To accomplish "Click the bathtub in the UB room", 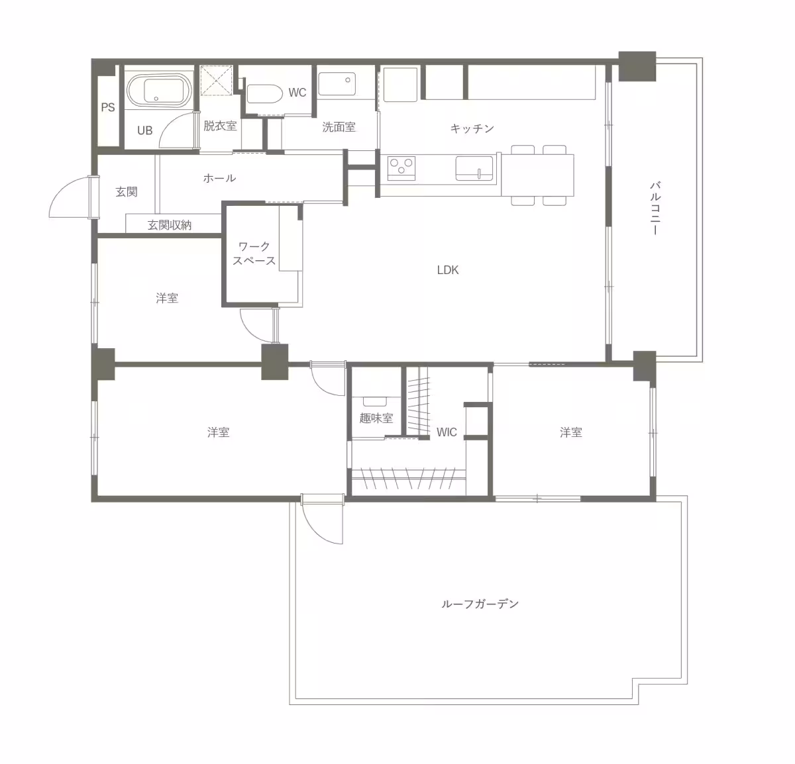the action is [x=159, y=91].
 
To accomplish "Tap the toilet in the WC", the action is [x=264, y=94].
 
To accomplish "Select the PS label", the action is [x=108, y=107].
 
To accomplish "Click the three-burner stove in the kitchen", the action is [x=401, y=168].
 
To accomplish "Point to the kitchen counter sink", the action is [x=475, y=168].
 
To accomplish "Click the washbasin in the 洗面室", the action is [x=337, y=83].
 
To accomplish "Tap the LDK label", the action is [x=448, y=270].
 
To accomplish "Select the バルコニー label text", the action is [x=655, y=209].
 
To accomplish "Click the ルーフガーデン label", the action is [x=480, y=604].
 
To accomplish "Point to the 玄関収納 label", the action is [x=170, y=225].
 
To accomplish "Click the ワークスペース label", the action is [x=254, y=254].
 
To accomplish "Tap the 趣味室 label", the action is [x=376, y=418].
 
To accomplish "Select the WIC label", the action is [x=447, y=432].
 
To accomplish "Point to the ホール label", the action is [x=219, y=178].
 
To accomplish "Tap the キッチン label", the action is [x=472, y=128].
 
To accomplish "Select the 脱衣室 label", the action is [x=220, y=125].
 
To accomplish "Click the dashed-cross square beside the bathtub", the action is [x=216, y=81].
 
